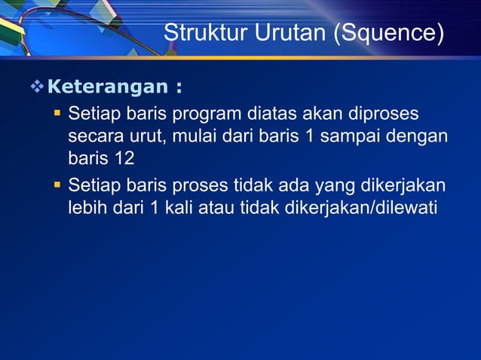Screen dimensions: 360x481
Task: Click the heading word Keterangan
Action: click(x=109, y=87)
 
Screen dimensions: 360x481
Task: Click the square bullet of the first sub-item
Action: click(x=57, y=115)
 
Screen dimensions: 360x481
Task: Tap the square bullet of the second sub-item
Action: click(x=57, y=185)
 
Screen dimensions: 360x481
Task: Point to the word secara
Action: click(x=93, y=139)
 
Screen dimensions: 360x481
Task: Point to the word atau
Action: click(x=216, y=208)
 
